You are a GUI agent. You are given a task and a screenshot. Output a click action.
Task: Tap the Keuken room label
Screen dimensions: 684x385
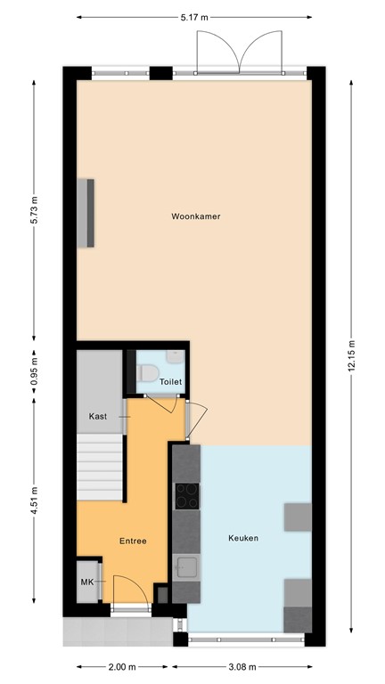(243, 538)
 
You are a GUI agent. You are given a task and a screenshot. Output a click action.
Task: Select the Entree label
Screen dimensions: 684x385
(133, 541)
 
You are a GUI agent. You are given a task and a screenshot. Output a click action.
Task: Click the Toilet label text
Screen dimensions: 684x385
(170, 382)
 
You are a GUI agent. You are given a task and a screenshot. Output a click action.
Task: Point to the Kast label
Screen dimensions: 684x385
(98, 417)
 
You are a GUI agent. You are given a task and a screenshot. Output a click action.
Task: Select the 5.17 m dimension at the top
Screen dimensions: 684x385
(193, 17)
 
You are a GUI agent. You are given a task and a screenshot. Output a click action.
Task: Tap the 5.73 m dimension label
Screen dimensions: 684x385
(35, 210)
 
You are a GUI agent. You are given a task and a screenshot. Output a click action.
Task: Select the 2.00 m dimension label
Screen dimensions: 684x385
(121, 667)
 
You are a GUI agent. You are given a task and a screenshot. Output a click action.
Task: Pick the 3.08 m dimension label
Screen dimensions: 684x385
(242, 667)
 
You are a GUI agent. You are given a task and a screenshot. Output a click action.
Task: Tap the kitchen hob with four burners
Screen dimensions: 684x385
(187, 495)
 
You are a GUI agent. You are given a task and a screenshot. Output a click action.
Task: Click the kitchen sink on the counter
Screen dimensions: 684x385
(186, 567)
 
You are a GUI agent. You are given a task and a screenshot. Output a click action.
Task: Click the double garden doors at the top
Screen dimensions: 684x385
(237, 51)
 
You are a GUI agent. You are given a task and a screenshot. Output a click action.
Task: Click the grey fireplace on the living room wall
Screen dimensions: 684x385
(86, 212)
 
